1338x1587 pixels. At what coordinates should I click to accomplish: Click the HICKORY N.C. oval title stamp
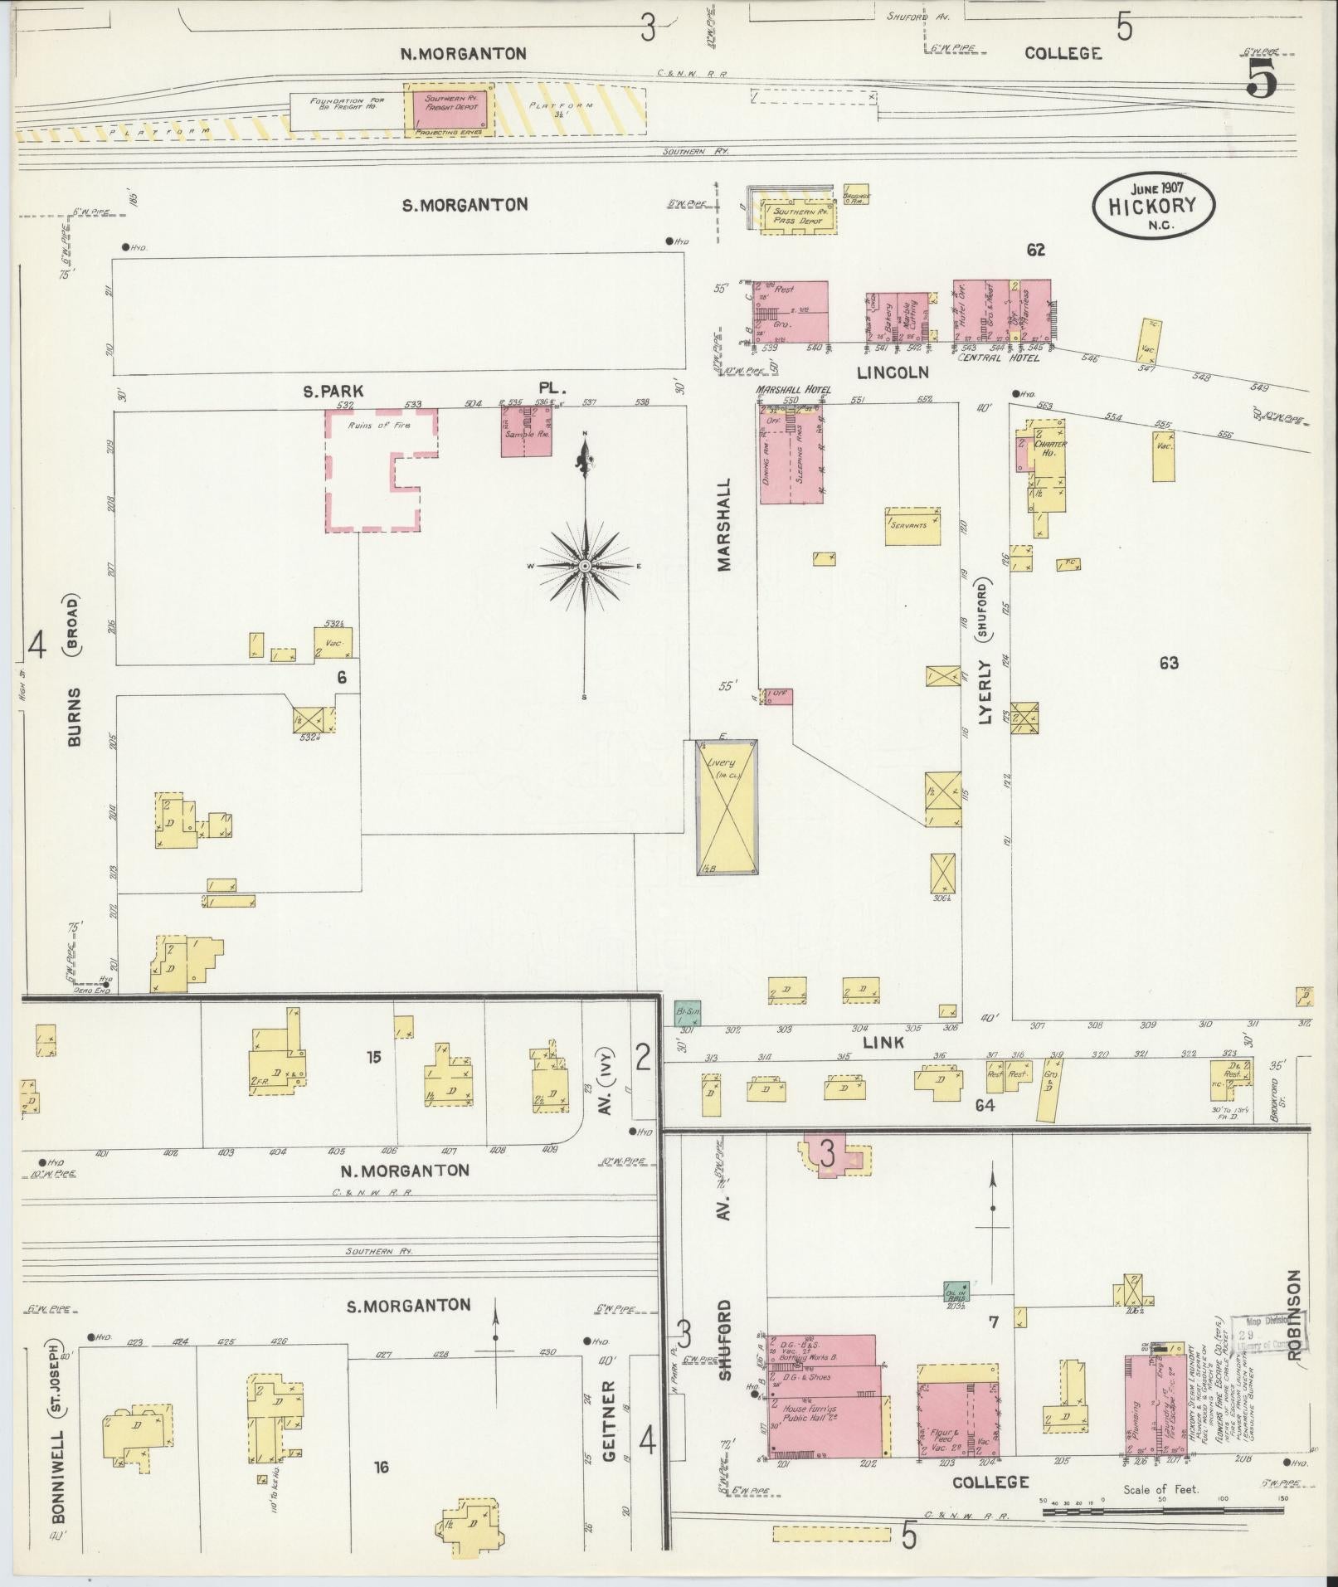[x=1153, y=205]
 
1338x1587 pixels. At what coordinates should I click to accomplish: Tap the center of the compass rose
[x=585, y=566]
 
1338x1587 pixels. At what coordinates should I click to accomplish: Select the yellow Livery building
[x=727, y=806]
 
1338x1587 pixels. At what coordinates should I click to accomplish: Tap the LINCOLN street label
[x=893, y=372]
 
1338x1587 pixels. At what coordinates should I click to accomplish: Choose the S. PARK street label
[x=333, y=390]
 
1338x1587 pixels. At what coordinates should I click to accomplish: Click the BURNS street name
[x=75, y=716]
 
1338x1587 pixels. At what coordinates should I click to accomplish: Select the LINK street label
[x=883, y=1042]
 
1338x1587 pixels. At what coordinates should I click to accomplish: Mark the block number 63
[x=1169, y=663]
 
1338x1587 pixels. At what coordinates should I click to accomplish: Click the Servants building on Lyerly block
[x=912, y=526]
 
